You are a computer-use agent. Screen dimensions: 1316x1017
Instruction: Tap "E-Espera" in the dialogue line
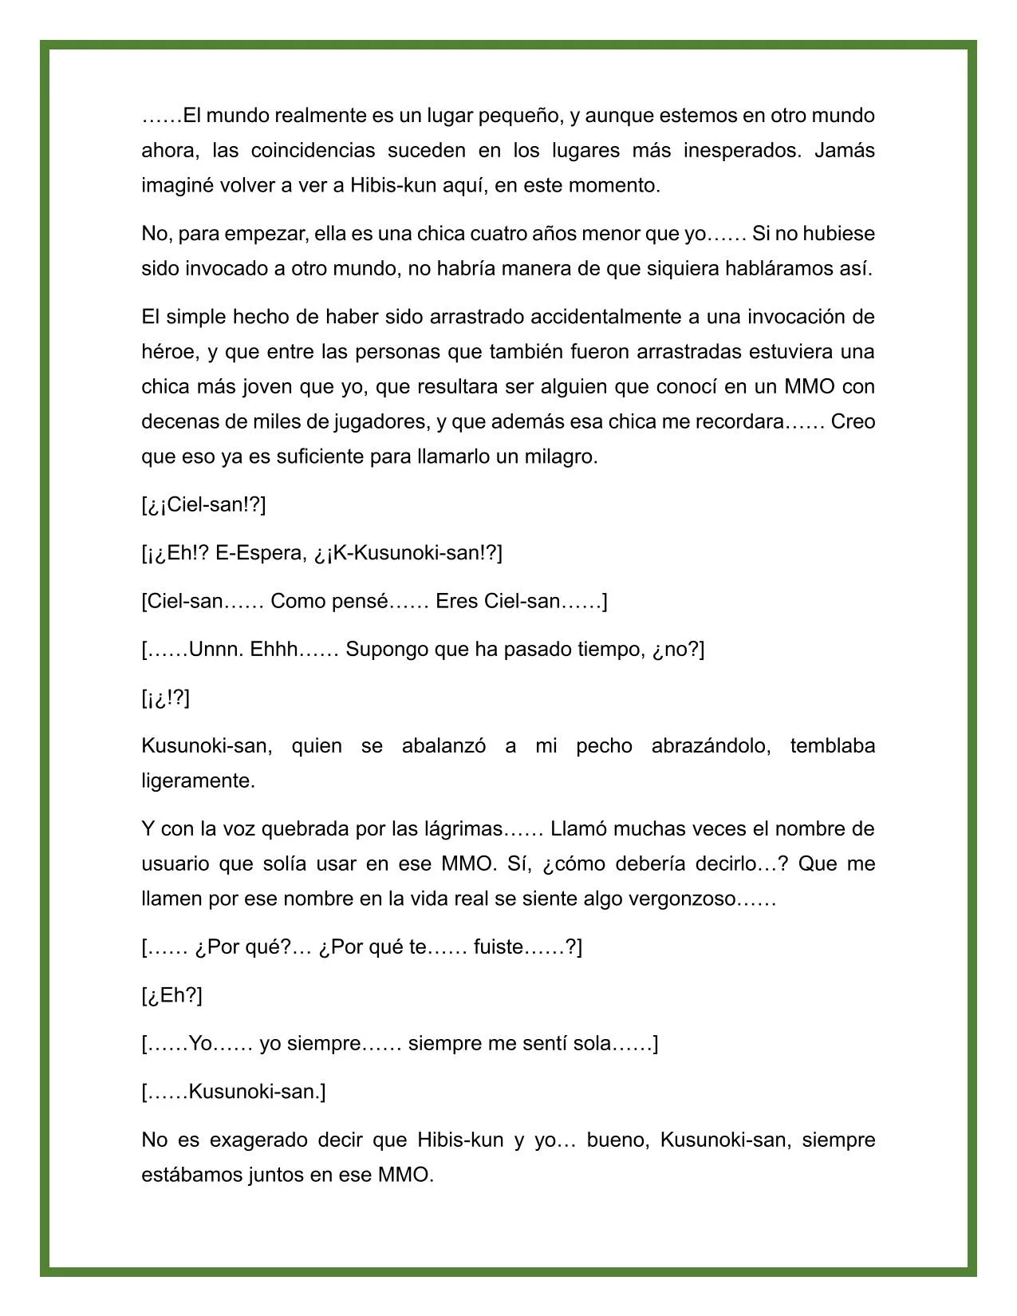click(253, 553)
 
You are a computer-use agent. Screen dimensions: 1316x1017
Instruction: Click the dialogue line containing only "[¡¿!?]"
click(166, 698)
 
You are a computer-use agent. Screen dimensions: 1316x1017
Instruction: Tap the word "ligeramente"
click(197, 781)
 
